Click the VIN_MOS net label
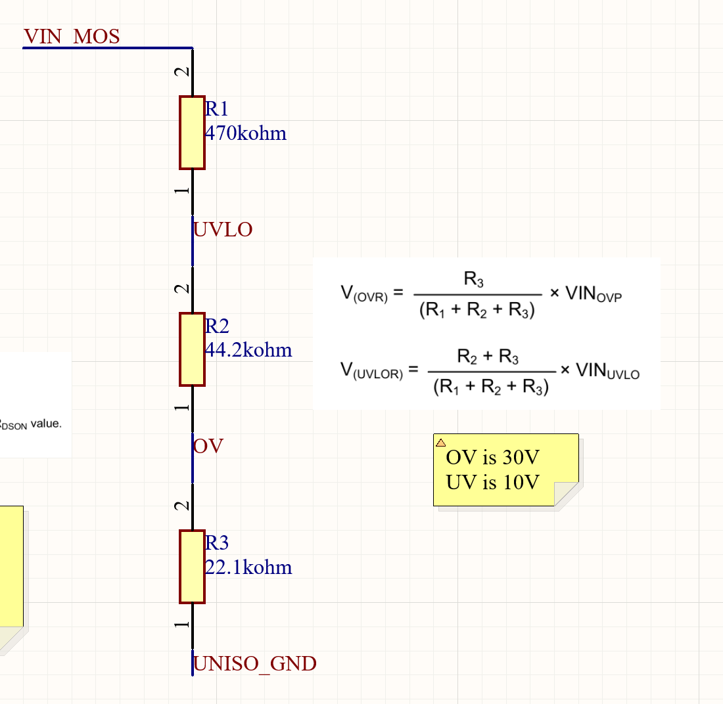click(x=72, y=36)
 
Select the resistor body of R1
click(x=192, y=133)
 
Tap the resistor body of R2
click(x=192, y=349)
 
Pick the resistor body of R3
click(x=192, y=566)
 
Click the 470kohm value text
click(x=246, y=134)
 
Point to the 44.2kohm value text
click(x=248, y=350)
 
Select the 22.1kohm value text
click(x=248, y=567)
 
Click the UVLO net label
click(x=223, y=230)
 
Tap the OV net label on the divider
click(x=208, y=447)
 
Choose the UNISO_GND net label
click(x=255, y=664)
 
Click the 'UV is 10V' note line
click(x=492, y=483)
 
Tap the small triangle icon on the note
click(x=441, y=442)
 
